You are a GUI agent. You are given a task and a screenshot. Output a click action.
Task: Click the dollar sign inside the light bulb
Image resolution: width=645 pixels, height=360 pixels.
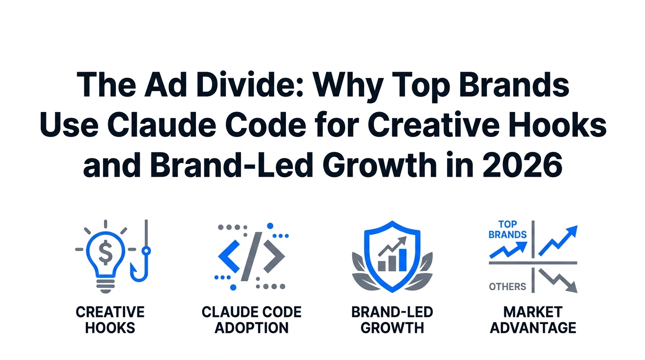click(x=106, y=253)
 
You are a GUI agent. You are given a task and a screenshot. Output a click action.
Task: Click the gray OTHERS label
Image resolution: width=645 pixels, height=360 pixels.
click(x=507, y=286)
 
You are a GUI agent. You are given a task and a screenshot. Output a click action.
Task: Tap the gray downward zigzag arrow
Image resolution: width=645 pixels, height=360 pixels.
click(x=558, y=280)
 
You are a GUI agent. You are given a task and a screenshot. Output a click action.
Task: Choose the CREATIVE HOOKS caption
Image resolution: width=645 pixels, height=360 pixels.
click(x=110, y=319)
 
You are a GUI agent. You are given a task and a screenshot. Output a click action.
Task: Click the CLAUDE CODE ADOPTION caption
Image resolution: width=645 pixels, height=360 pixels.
click(x=252, y=319)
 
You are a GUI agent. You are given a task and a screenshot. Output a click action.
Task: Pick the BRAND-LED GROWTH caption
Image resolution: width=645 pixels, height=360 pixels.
click(x=392, y=319)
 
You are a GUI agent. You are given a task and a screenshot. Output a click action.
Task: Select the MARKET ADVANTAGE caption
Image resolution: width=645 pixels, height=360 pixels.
click(x=533, y=319)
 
